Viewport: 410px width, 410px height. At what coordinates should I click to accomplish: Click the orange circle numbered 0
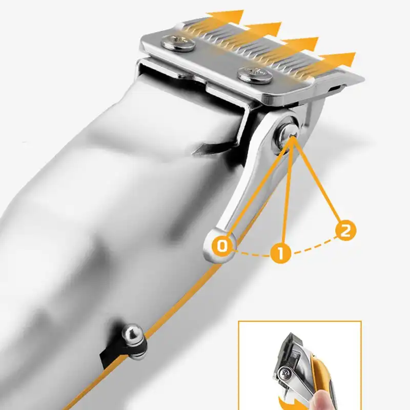(222, 246)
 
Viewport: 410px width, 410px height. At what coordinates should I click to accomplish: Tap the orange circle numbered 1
(280, 252)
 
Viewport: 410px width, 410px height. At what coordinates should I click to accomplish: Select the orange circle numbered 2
(345, 230)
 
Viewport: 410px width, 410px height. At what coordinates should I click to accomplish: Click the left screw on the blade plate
(178, 43)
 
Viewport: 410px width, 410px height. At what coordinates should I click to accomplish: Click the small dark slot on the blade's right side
(335, 88)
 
